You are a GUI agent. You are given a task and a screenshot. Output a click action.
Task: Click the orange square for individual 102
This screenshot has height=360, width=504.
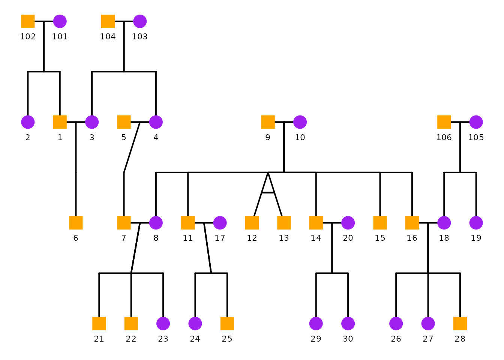click(28, 21)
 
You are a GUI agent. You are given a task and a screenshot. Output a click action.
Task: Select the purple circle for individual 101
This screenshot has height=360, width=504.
click(60, 21)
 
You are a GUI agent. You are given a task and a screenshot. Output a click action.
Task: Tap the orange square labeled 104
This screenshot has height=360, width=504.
click(108, 21)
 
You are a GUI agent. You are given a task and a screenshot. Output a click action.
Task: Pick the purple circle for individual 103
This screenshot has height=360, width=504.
click(140, 21)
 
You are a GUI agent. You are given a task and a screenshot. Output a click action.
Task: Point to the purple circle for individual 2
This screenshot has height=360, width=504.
click(28, 122)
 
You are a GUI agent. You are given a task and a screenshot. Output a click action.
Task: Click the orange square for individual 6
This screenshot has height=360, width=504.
click(76, 223)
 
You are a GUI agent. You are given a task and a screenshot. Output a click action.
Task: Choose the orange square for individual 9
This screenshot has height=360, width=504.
click(268, 122)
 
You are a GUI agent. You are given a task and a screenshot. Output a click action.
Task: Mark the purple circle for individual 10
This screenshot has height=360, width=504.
click(300, 122)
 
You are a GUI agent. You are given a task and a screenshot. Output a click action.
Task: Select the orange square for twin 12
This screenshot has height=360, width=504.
click(252, 223)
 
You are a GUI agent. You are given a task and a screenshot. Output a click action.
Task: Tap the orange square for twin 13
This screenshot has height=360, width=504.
click(284, 223)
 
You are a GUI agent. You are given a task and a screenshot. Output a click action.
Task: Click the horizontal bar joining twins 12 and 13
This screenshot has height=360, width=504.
click(268, 192)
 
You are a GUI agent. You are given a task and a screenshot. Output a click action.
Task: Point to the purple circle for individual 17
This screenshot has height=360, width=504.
click(220, 223)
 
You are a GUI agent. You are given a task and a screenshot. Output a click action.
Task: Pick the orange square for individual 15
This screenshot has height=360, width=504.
click(380, 223)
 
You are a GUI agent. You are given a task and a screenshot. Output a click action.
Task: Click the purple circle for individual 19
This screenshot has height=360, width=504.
click(476, 223)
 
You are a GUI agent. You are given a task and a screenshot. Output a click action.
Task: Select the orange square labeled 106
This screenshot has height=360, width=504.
click(444, 122)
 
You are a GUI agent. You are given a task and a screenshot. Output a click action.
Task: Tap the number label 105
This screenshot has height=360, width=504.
click(476, 137)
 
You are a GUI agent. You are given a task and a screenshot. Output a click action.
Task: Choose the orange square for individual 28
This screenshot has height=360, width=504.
click(460, 323)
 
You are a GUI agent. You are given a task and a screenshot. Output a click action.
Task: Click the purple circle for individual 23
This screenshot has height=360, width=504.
click(163, 323)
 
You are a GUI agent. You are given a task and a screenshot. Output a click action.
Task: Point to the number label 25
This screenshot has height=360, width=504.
click(227, 339)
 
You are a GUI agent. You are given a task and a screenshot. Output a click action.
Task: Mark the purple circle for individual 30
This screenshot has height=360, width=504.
click(348, 323)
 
